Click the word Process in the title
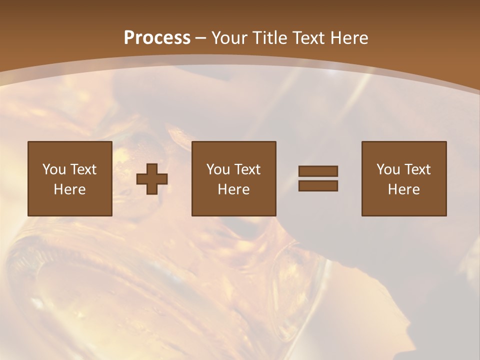[157, 38]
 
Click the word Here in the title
[350, 38]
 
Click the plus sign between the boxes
[152, 179]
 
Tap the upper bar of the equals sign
[318, 171]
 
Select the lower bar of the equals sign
[318, 185]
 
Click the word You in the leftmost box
[54, 169]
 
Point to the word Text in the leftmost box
[83, 169]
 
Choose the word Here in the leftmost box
[69, 189]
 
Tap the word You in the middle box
[218, 169]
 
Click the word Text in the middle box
[247, 169]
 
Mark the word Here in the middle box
[233, 189]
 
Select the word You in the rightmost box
[388, 169]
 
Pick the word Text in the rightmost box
[417, 169]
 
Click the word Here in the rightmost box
[403, 189]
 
